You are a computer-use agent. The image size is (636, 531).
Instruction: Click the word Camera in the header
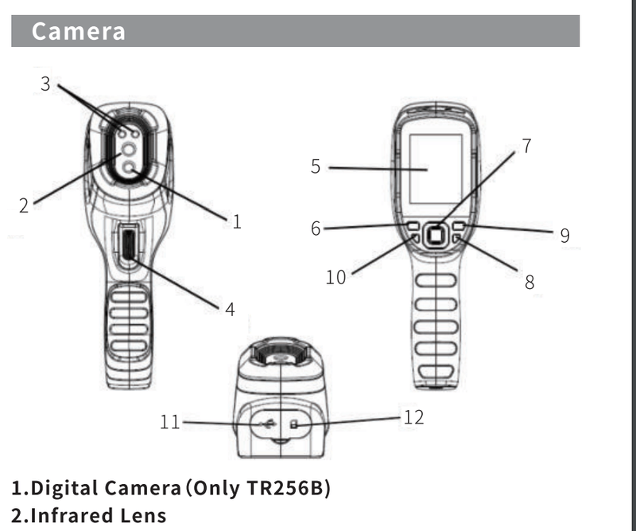(78, 31)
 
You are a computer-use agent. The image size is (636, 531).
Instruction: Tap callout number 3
(45, 84)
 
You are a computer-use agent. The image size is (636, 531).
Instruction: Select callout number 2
(24, 205)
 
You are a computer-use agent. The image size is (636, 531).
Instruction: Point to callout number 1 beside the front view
(237, 222)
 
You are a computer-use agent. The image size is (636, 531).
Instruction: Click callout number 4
(230, 310)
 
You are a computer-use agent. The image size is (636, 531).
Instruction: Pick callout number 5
(316, 166)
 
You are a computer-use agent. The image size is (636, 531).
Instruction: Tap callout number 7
(526, 146)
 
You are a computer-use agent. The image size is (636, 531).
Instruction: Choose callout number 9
(564, 236)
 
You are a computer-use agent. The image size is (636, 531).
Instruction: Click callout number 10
(335, 278)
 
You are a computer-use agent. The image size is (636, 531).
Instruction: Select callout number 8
(529, 283)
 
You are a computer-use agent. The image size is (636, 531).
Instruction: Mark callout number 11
(169, 422)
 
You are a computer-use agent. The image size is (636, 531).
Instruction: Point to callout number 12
(413, 418)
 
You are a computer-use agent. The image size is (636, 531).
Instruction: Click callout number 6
(316, 228)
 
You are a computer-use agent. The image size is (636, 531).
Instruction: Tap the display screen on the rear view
(436, 169)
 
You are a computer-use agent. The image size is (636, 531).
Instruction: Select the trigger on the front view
(129, 244)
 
